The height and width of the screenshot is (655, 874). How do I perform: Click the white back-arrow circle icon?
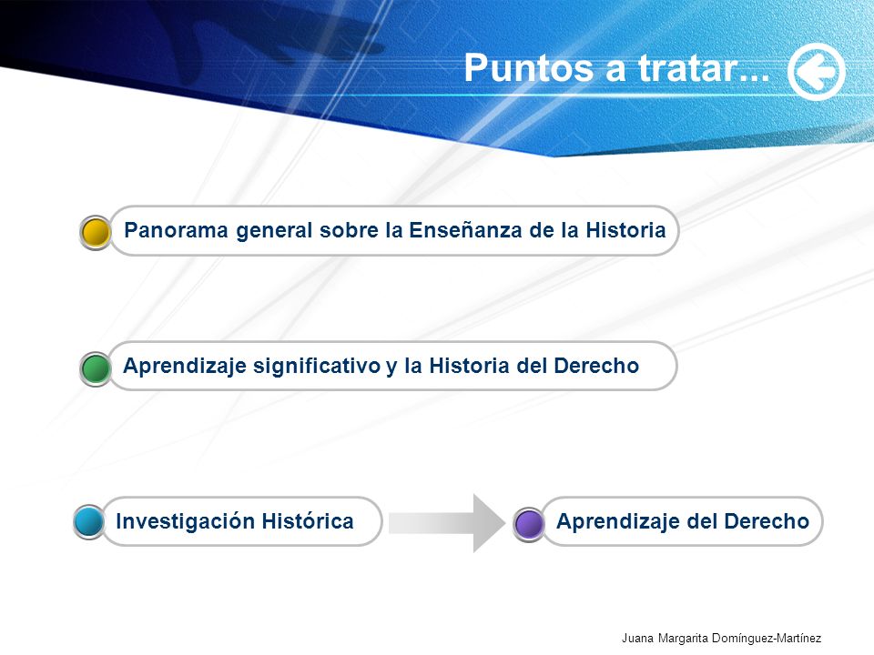[x=816, y=72]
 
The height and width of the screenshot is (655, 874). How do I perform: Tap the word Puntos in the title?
[x=528, y=68]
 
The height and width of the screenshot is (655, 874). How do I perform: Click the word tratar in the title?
[x=689, y=68]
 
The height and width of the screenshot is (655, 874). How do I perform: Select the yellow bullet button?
[x=96, y=232]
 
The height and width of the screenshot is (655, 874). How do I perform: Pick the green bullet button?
[x=96, y=368]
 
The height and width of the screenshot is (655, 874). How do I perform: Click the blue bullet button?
[x=88, y=521]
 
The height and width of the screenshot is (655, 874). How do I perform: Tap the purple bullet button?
[x=528, y=524]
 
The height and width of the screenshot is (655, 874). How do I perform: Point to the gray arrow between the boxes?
[x=446, y=523]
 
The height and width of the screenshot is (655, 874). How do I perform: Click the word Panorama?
[x=176, y=230]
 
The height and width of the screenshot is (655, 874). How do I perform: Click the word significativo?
[x=317, y=367]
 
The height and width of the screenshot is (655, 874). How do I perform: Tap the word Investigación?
[x=186, y=522]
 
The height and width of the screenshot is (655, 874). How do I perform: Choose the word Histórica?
[x=308, y=521]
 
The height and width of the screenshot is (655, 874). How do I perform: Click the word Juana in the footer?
[x=637, y=639]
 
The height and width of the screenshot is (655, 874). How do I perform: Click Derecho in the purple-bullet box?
[x=767, y=521]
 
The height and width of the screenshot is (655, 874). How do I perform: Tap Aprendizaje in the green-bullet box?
[x=185, y=367]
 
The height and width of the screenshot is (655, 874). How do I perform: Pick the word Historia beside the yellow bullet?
[x=625, y=230]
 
